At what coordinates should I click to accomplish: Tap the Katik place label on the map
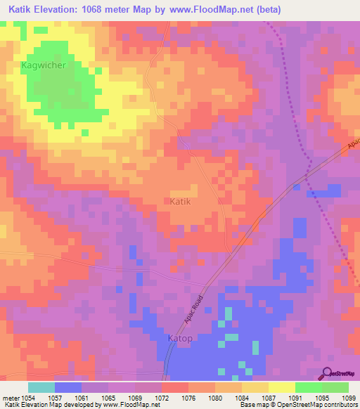[181, 201]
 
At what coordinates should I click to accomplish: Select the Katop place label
[180, 338]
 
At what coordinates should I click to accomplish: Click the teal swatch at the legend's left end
[41, 387]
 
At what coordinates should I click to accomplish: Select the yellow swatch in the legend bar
[281, 387]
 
